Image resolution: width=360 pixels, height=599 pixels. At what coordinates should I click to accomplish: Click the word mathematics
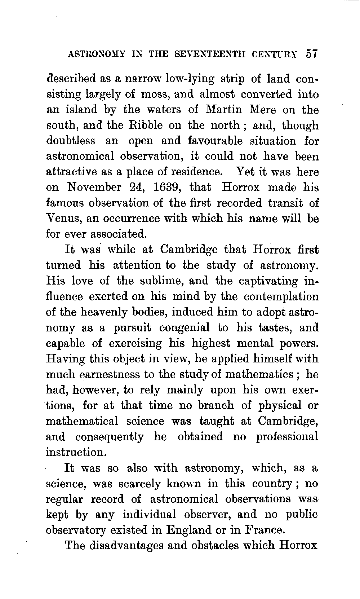pos(259,374)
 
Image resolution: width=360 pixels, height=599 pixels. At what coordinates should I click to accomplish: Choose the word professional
pos(287,437)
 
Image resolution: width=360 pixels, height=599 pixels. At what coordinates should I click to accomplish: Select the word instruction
pos(75,452)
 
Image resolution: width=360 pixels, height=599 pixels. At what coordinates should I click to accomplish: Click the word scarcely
pos(137,484)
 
